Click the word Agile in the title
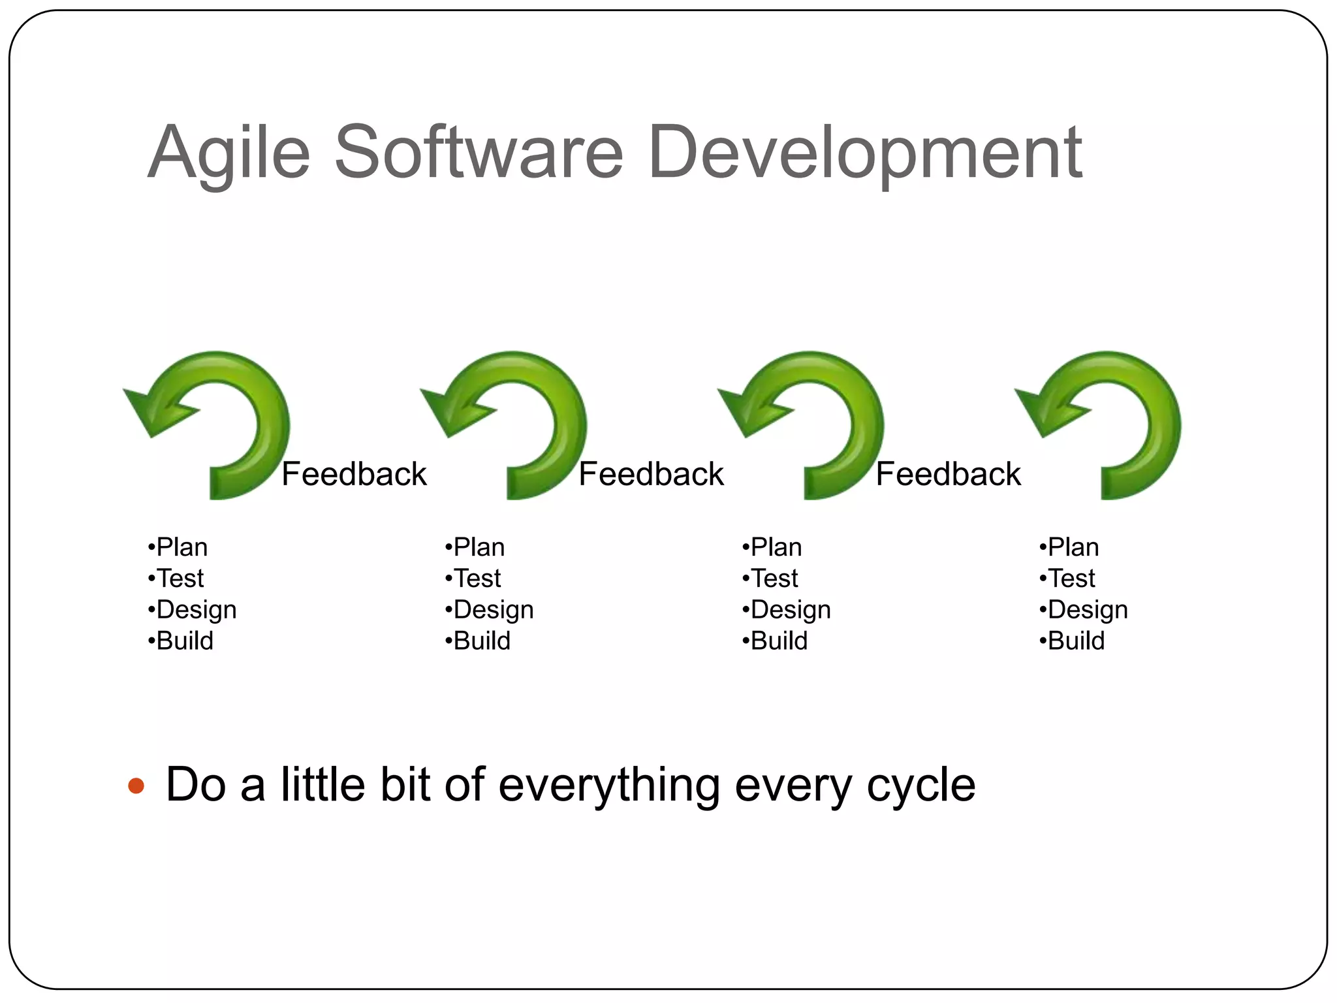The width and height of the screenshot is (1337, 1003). [228, 154]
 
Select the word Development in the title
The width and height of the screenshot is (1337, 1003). [865, 154]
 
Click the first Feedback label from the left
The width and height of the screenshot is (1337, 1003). [354, 474]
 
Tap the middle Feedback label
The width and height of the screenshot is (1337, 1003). [651, 474]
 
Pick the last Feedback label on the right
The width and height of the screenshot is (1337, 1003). [948, 474]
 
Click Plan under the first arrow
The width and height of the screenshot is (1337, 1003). [181, 547]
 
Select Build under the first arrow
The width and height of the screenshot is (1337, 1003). [183, 641]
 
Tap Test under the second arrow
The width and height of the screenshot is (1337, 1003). [477, 579]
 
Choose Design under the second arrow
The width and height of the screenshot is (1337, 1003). [493, 610]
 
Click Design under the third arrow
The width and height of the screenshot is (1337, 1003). [790, 610]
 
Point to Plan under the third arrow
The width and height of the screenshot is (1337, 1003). [775, 547]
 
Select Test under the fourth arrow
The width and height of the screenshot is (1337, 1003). [1071, 579]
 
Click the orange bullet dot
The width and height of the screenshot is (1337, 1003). [136, 785]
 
